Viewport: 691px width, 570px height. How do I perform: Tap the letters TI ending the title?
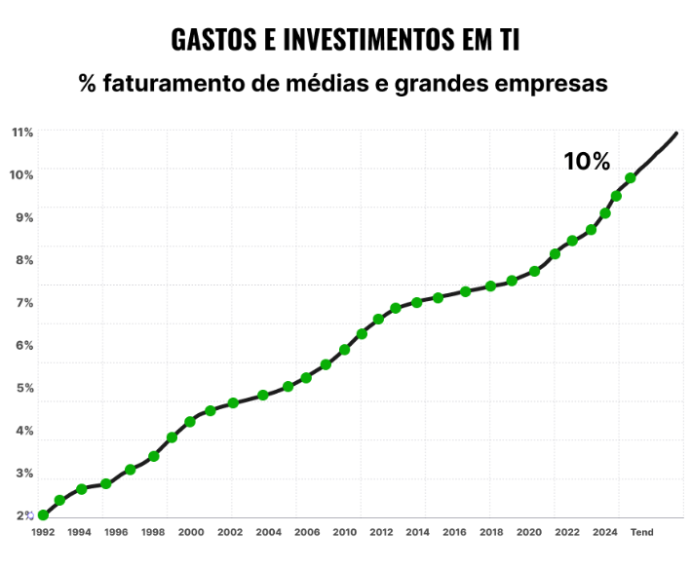point(505,39)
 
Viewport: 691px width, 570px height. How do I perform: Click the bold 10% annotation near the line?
point(586,162)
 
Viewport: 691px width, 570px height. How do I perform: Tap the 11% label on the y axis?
point(22,132)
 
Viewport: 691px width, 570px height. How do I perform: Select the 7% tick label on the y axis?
point(24,302)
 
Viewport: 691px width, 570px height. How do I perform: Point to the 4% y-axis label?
point(24,431)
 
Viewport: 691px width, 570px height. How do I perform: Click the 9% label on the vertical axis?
point(24,217)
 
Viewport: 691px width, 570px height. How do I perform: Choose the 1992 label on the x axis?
point(43,532)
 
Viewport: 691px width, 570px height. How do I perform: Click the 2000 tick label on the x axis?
point(191,532)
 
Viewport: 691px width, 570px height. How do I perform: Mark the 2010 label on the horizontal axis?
point(344,532)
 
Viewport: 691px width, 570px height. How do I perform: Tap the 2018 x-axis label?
point(491,532)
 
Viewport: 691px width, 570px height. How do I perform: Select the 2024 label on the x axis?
point(605,532)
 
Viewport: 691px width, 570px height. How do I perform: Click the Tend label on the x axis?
point(641,532)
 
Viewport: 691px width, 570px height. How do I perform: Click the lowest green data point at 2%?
point(43,515)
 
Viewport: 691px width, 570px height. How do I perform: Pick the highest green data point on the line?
point(631,178)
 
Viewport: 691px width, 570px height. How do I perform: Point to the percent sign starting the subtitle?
point(88,84)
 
